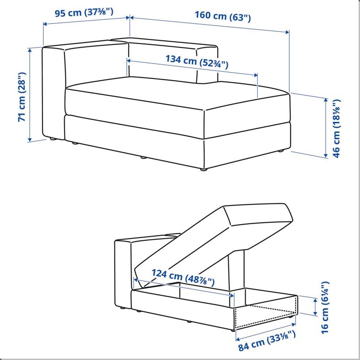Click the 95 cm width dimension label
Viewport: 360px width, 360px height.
click(84, 13)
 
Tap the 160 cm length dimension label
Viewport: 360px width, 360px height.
click(223, 16)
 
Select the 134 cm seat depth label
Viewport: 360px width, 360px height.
click(197, 61)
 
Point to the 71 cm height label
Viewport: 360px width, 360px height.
click(22, 97)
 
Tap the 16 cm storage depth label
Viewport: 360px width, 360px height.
click(325, 308)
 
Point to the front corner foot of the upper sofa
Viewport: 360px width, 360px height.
click(204, 169)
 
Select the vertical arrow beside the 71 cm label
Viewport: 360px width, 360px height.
click(30, 95)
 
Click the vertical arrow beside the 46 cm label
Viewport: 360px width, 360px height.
click(325, 128)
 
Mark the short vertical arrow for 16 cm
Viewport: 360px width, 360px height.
click(316, 306)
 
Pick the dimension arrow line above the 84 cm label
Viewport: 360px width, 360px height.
click(266, 332)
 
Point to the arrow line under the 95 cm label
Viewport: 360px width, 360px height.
click(87, 21)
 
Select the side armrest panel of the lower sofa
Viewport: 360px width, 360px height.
click(123, 273)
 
